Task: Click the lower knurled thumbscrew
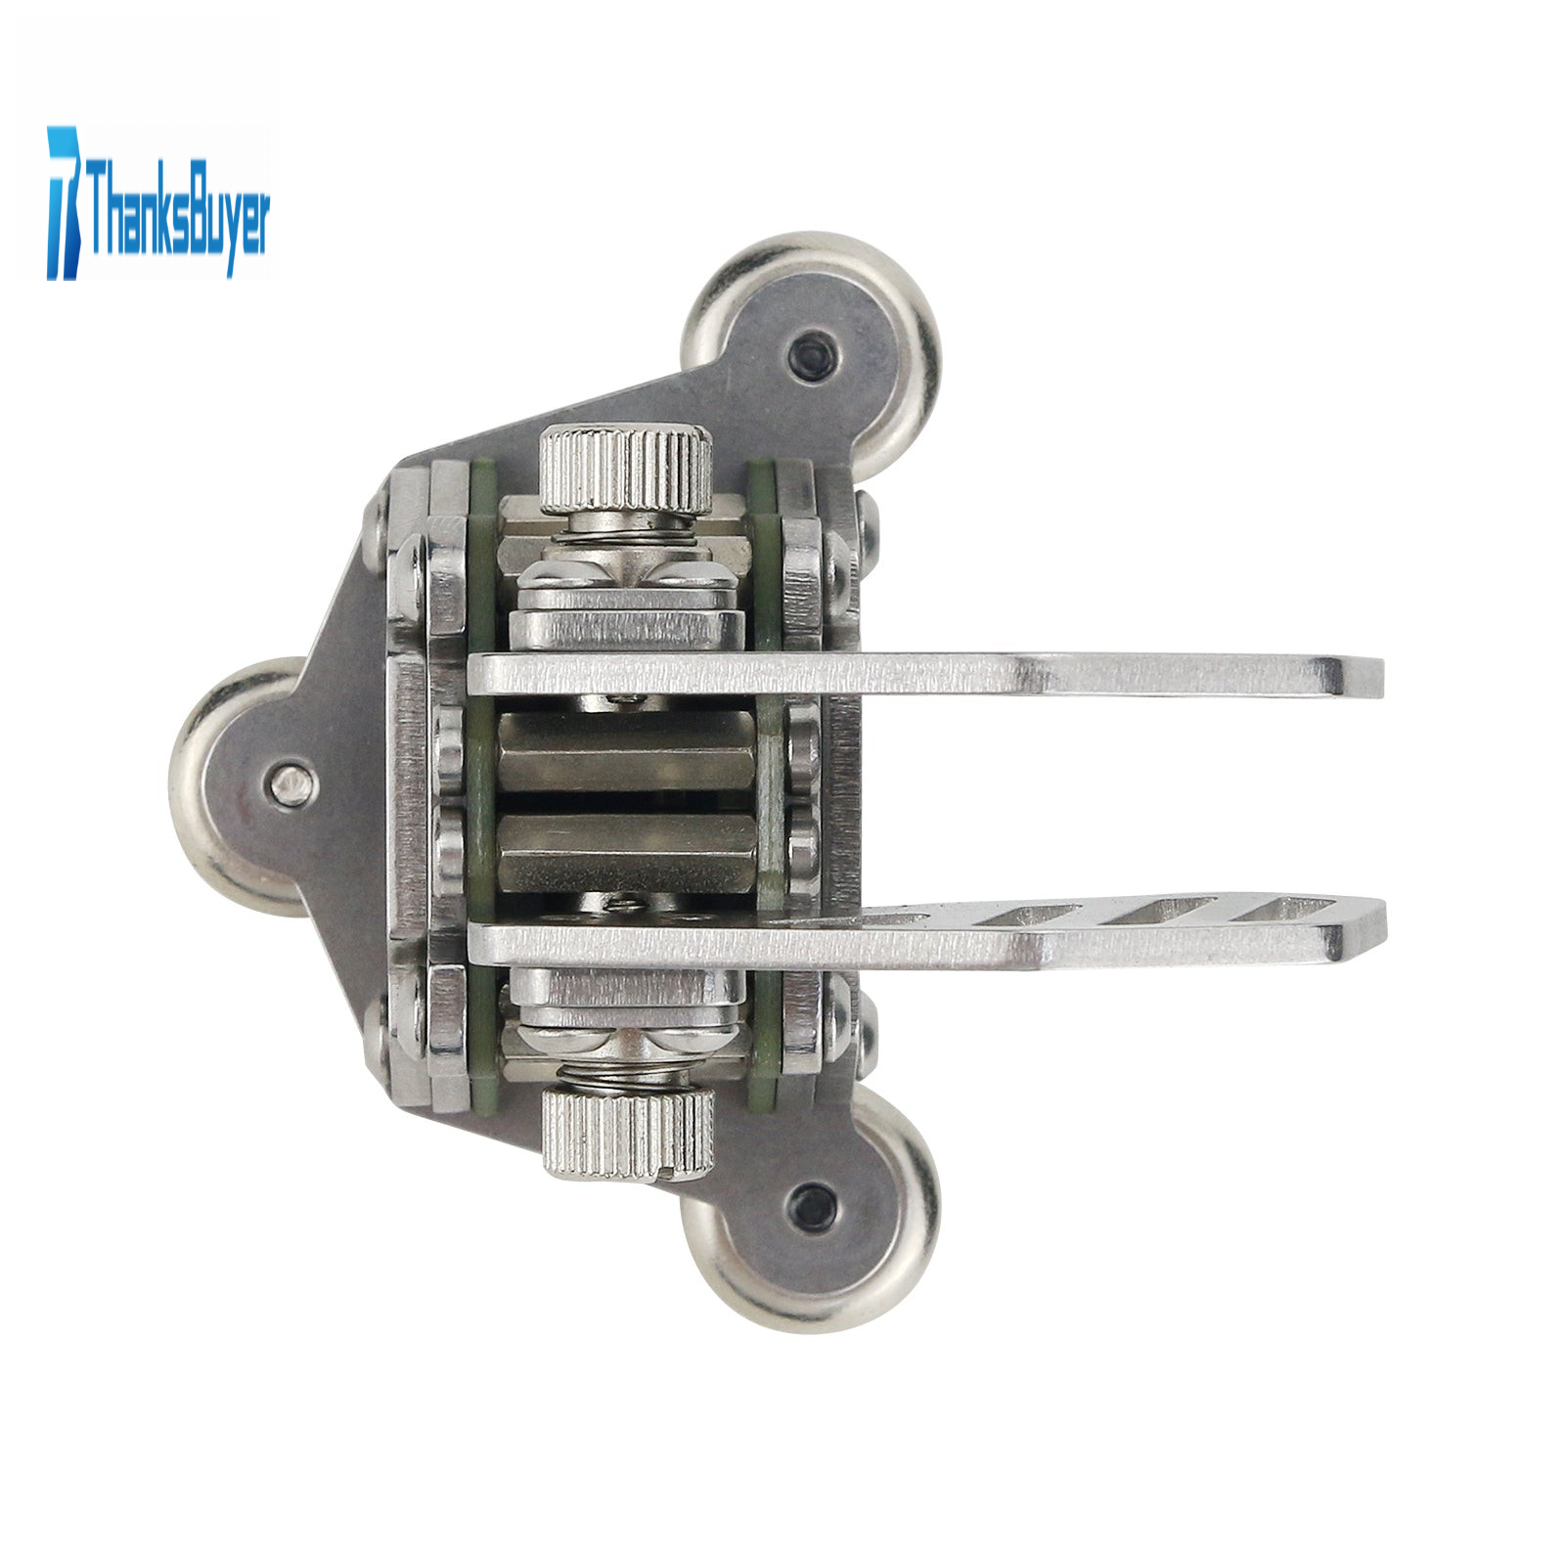(628, 1133)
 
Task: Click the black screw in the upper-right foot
(812, 347)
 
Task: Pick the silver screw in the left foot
(291, 782)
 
